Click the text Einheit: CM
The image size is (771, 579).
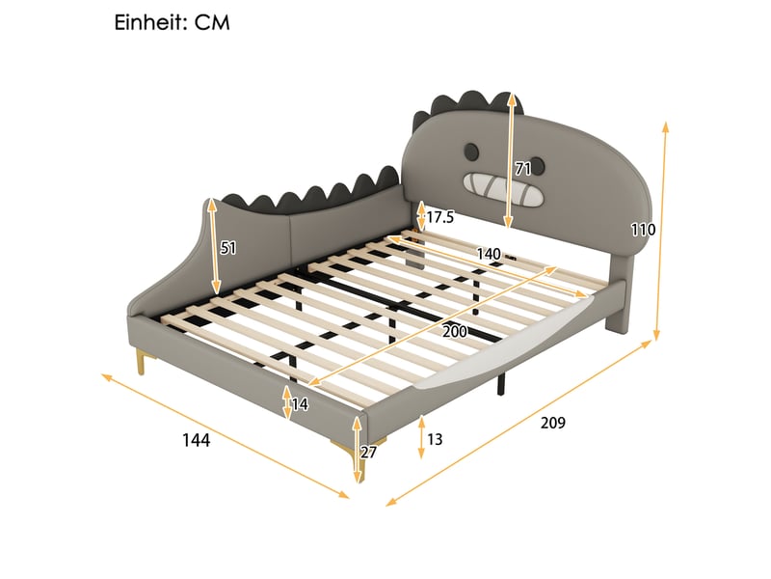(x=173, y=22)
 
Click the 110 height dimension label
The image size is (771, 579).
(x=643, y=230)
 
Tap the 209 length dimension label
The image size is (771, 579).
(x=553, y=423)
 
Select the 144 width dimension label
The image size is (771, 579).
(x=197, y=440)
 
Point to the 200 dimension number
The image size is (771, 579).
(x=454, y=331)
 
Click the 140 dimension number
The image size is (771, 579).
(x=489, y=254)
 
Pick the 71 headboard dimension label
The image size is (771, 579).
(x=523, y=170)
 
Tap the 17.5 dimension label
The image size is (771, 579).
(x=440, y=217)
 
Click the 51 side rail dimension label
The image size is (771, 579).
(x=228, y=248)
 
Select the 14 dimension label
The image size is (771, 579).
(x=300, y=404)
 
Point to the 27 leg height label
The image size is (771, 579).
(x=368, y=452)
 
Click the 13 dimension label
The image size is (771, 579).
(x=435, y=439)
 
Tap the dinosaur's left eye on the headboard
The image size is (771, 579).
(x=471, y=152)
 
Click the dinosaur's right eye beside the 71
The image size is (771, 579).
(x=539, y=166)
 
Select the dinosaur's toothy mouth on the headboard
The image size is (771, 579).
(x=503, y=189)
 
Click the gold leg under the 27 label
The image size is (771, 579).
(x=354, y=459)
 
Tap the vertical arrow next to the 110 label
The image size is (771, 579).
(x=660, y=232)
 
